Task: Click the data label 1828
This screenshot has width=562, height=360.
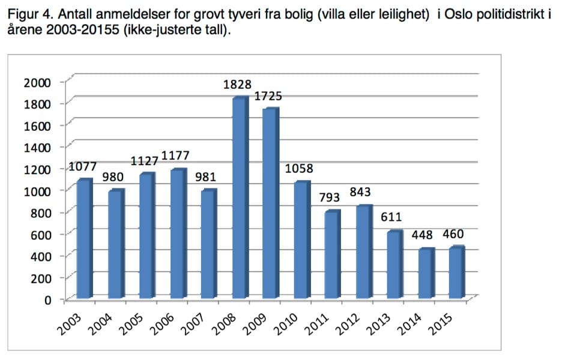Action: pos(237,85)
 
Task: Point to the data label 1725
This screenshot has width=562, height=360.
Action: pos(268,96)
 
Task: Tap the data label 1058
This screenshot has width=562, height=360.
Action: pos(299,169)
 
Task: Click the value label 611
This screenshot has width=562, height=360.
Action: pos(390,217)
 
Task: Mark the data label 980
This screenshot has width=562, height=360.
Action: pos(113,178)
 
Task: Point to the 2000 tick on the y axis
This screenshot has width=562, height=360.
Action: pos(37,82)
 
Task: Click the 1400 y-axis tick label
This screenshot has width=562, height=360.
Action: pos(37,148)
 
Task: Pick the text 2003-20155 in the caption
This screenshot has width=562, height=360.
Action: pos(87,29)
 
